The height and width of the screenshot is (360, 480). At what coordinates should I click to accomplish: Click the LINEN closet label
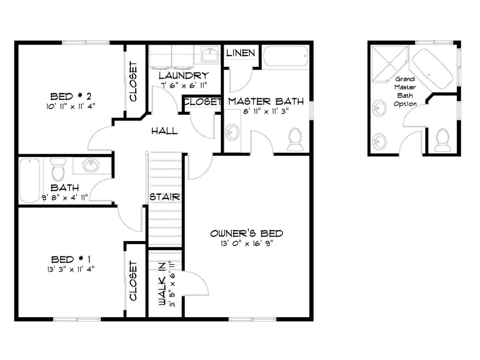(241, 53)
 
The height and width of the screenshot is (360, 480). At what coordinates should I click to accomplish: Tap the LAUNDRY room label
(184, 76)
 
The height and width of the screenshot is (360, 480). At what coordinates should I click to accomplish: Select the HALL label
(165, 131)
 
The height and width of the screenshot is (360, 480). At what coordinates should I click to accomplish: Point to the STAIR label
(165, 197)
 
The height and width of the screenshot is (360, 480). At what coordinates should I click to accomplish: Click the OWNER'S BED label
(247, 233)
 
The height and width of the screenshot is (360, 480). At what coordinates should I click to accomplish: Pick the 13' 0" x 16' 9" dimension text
(247, 243)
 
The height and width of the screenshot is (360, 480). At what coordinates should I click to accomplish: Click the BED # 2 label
(71, 96)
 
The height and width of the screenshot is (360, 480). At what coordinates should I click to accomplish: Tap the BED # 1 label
(70, 259)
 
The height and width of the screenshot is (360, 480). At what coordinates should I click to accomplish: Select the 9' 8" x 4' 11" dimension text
(65, 197)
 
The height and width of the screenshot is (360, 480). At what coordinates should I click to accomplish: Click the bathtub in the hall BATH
(30, 181)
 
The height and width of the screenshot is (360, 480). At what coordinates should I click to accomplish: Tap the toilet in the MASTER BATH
(295, 139)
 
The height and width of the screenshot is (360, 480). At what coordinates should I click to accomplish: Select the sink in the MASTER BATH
(232, 132)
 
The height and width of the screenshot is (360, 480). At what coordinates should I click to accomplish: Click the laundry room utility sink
(210, 55)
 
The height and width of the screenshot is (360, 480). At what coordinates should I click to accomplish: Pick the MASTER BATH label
(266, 101)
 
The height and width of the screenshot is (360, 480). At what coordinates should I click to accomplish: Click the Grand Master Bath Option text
(405, 91)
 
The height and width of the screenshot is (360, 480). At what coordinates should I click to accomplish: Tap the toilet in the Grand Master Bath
(442, 140)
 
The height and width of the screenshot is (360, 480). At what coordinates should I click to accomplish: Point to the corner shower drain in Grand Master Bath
(389, 64)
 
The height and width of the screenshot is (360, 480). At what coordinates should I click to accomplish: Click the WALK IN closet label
(162, 283)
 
